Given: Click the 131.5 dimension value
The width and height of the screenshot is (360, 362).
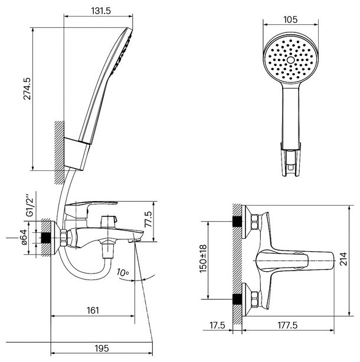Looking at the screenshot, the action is [x=101, y=11].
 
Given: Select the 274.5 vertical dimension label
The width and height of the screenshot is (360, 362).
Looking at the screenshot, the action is [x=27, y=88].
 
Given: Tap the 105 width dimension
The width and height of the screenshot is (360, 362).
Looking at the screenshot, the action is [x=290, y=19].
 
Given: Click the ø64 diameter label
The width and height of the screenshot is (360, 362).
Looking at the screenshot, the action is [x=24, y=238].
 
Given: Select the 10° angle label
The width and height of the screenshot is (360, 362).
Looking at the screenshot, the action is [x=123, y=272].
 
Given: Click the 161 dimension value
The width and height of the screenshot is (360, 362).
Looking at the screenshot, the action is [x=93, y=311].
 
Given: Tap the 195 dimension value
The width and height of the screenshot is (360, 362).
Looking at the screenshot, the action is [x=102, y=348].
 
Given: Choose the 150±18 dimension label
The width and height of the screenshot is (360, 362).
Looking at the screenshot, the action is [x=204, y=259].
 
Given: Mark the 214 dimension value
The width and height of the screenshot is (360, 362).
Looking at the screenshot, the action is [x=343, y=259].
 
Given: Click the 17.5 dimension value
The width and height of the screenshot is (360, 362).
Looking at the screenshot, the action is [x=217, y=325].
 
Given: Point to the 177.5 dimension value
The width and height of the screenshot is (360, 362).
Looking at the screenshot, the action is [x=287, y=325].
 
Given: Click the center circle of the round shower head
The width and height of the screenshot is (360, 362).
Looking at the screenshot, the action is [x=291, y=60].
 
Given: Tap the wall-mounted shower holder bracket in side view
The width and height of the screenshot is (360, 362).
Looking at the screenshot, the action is [x=77, y=154].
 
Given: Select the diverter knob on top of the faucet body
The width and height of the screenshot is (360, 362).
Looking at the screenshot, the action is [x=109, y=222].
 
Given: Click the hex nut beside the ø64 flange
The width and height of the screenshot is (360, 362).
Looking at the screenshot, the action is [x=63, y=238].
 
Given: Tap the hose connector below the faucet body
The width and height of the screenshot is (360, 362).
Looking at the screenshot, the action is [x=108, y=249].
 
